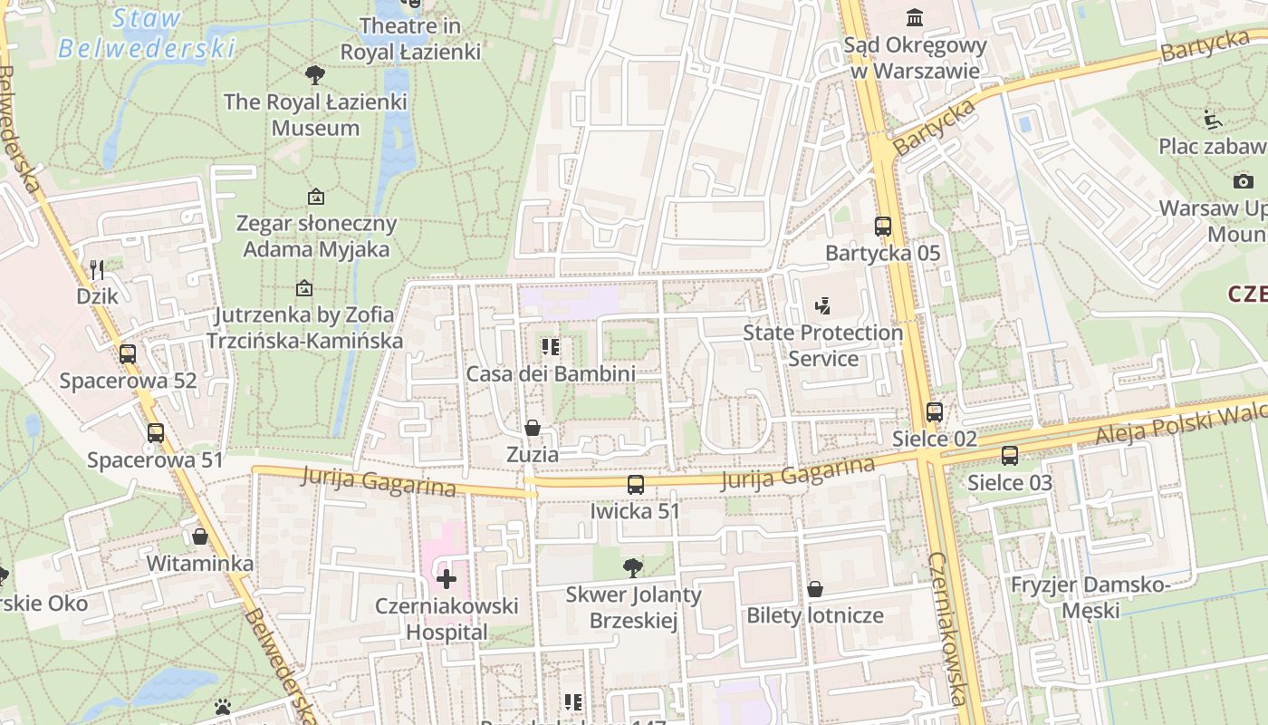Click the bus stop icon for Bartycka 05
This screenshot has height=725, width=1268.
(x=882, y=227)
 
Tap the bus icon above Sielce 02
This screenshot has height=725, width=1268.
(x=935, y=412)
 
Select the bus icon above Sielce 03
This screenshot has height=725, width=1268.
(x=1010, y=456)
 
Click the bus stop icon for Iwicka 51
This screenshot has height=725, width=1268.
(x=636, y=485)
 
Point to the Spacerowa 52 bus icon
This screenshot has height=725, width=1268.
(x=128, y=354)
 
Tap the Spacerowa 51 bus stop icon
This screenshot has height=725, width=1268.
(x=156, y=433)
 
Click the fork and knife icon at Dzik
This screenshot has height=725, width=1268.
(x=97, y=269)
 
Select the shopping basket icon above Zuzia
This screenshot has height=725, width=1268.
(x=533, y=428)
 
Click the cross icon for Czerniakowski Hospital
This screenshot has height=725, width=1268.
(x=447, y=578)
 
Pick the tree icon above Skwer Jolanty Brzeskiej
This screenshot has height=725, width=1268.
(x=633, y=568)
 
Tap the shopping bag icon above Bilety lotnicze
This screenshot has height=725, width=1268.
(x=815, y=589)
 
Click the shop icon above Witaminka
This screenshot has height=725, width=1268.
(x=200, y=536)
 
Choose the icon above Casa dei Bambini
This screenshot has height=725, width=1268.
(x=550, y=347)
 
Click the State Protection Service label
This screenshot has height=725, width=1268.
(x=823, y=345)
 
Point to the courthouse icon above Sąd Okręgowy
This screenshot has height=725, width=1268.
(x=915, y=18)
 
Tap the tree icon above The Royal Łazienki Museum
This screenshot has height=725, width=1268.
(x=315, y=75)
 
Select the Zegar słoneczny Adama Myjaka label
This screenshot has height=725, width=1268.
(x=316, y=236)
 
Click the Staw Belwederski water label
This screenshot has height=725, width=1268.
(x=147, y=33)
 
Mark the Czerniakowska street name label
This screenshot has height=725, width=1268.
(x=949, y=627)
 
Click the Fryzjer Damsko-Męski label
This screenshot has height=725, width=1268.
(x=1090, y=597)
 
